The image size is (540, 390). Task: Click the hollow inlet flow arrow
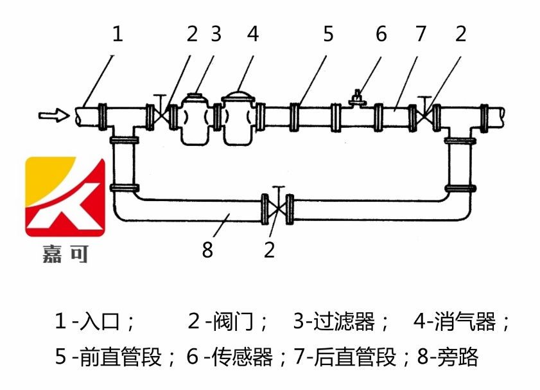click(53, 116)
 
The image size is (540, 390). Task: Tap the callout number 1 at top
click(117, 34)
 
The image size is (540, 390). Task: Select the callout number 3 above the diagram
click(216, 34)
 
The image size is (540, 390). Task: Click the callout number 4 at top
click(253, 34)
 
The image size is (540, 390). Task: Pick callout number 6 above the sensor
click(381, 34)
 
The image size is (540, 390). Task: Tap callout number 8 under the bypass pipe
click(207, 249)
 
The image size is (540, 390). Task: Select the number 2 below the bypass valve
click(270, 249)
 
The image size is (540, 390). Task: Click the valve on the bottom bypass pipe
click(277, 208)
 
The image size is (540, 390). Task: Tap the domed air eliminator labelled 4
click(238, 119)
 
